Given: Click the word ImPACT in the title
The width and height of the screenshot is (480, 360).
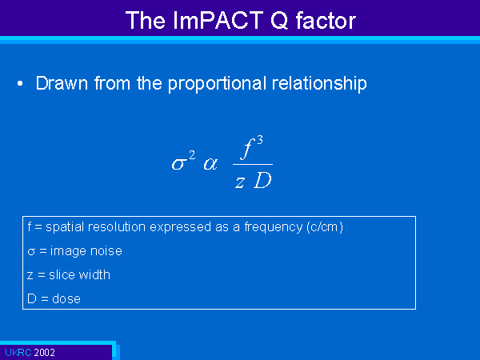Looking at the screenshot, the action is tap(218, 20).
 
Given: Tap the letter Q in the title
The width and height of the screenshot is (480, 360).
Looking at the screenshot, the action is tap(279, 21).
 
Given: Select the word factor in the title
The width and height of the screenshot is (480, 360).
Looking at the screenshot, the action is tap(326, 21).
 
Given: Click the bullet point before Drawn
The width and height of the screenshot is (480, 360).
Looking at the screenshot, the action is tap(20, 83).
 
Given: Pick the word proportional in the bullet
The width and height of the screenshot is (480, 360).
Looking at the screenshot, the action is tap(217, 84).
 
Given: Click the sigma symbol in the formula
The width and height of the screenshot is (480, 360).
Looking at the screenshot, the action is tap(178, 164).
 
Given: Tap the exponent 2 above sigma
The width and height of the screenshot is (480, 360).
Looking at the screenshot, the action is tap(192, 155).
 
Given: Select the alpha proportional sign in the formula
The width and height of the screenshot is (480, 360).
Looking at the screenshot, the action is tap(210, 164).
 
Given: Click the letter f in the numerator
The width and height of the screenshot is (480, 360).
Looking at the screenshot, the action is tap(247, 149).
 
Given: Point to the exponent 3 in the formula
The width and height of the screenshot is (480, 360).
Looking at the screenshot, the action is tap(259, 140).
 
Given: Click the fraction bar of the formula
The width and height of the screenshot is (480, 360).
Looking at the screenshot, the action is tap(253, 164).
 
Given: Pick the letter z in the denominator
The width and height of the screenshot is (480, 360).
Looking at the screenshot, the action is tap(240, 182).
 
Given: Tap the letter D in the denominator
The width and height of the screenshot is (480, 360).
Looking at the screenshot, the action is tap(262, 180).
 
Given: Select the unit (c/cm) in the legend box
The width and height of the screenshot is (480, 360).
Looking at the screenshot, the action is tap(325, 227).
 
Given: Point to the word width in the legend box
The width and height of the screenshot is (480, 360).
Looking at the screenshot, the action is tap(94, 275).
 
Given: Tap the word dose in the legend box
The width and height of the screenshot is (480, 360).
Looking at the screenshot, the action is tap(66, 298).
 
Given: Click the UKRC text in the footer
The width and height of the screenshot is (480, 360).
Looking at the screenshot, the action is tap(18, 352).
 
